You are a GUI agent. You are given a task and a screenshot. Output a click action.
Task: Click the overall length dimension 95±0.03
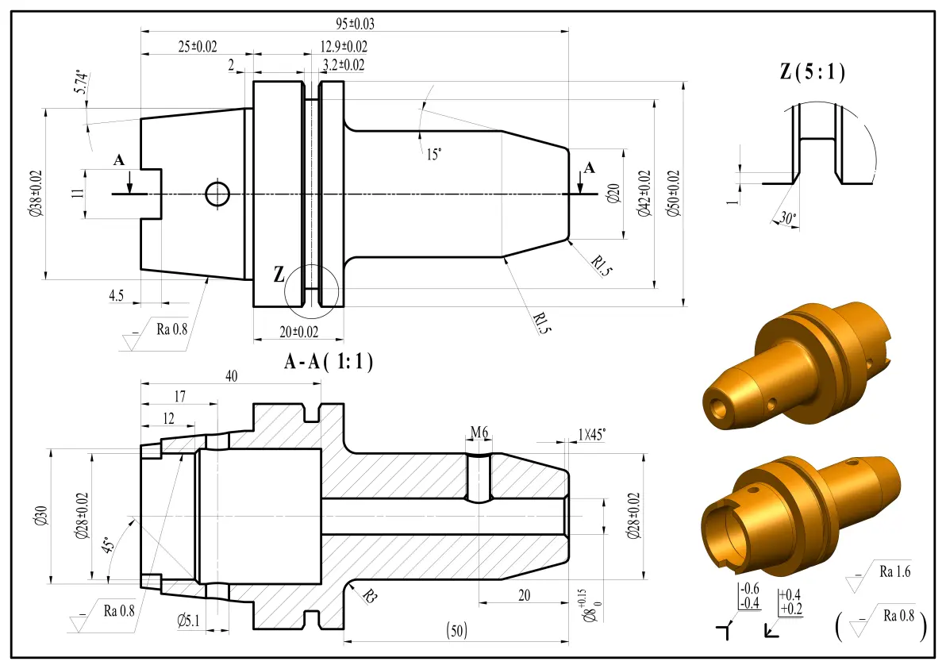(355, 24)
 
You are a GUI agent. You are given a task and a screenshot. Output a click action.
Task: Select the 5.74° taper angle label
(82, 83)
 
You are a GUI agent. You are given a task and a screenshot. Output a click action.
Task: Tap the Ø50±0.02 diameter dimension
(673, 193)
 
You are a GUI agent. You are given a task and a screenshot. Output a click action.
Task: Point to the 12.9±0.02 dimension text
(344, 47)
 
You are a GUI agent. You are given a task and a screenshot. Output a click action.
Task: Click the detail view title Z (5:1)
(812, 71)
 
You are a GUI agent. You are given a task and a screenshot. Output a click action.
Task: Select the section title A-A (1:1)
(329, 361)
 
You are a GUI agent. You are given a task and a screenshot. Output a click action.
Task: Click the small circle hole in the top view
(217, 194)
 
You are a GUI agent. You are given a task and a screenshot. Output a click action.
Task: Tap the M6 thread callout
(479, 432)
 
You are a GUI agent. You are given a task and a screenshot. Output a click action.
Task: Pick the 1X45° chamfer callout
(592, 434)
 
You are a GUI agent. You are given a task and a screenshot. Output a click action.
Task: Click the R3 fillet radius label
(370, 597)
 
